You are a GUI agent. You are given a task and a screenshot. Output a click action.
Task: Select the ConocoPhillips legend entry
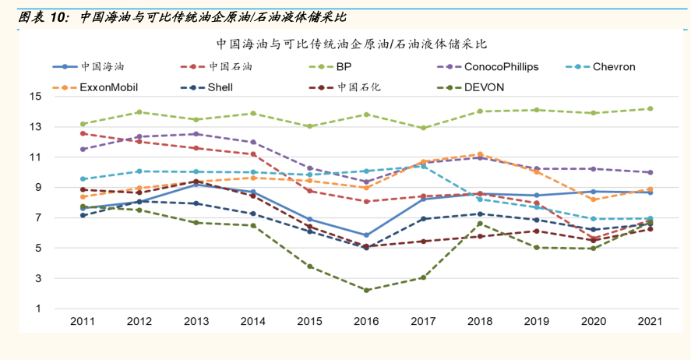[501, 67]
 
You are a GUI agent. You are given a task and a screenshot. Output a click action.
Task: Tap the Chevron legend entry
[613, 67]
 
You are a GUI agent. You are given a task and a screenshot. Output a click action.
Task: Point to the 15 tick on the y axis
[35, 97]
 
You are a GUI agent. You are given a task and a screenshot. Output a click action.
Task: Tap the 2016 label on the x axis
[366, 322]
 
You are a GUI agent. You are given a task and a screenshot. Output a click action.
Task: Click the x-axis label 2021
[650, 322]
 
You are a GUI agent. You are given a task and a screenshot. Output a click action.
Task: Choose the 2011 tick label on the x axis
[83, 322]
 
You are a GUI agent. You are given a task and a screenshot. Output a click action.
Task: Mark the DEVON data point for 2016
[366, 290]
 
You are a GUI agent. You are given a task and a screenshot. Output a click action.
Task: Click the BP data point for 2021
[650, 109]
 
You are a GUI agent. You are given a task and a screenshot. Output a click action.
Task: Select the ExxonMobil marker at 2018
[480, 154]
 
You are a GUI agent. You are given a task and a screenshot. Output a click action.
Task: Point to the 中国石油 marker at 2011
[83, 134]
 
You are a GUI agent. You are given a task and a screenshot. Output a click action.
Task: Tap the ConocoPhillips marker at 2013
[196, 134]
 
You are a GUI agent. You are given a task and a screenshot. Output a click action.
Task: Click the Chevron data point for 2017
[423, 167]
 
